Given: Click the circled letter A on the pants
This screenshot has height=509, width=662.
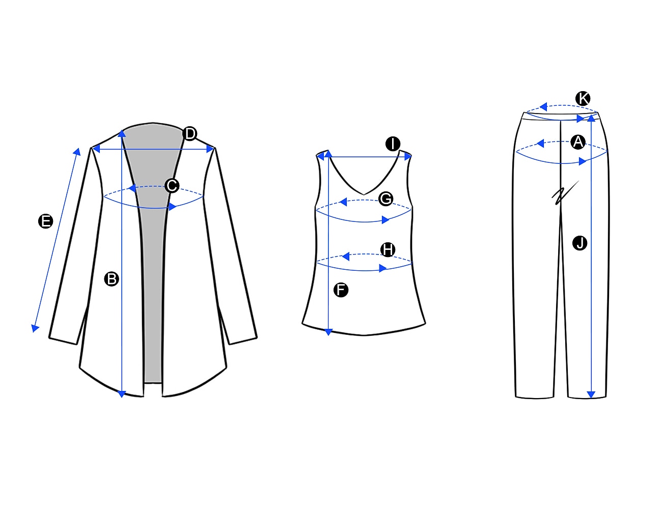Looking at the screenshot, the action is (x=577, y=142).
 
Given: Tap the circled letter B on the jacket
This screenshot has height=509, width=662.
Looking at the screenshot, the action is (x=112, y=279).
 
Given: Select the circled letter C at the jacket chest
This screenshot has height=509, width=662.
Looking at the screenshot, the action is (x=172, y=185).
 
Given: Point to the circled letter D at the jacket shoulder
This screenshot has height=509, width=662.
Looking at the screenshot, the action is (x=190, y=133).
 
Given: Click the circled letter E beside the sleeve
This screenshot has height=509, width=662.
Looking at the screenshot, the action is (x=46, y=221).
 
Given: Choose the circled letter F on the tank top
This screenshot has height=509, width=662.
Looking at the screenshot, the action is (x=341, y=290).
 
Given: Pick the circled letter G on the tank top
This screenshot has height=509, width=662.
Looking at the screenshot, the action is (x=385, y=199).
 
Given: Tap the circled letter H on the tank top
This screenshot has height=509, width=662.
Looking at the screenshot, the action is (x=388, y=249).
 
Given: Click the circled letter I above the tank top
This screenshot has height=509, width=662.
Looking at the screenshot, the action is (x=393, y=144).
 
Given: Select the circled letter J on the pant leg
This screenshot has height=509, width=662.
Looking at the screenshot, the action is (x=580, y=243).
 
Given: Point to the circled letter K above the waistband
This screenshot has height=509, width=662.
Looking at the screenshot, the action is (x=583, y=98).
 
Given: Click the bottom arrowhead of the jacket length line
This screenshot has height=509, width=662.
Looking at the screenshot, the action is (x=122, y=394).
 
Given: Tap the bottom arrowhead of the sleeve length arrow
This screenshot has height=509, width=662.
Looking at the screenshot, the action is (x=35, y=328).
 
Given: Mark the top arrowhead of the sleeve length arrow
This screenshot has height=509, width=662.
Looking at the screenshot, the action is (x=77, y=152).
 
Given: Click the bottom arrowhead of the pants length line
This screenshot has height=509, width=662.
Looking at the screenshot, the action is (x=591, y=394).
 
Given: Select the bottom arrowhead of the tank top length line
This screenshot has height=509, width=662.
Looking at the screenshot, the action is (x=328, y=332).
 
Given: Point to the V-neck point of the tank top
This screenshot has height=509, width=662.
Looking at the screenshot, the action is (x=364, y=194).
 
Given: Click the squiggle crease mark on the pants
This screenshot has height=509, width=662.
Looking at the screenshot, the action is (x=565, y=193).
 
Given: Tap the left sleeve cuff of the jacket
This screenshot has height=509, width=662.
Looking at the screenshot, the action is (x=63, y=341).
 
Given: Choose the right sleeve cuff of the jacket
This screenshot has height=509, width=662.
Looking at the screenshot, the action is (x=243, y=341).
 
